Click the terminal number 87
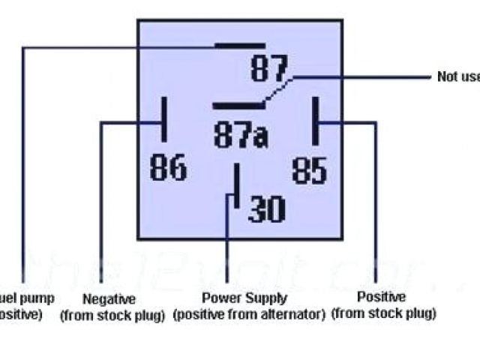click(x=269, y=70)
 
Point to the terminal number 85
click(x=309, y=169)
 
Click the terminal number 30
click(x=267, y=209)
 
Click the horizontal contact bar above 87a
click(x=237, y=106)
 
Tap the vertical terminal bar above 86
click(x=162, y=120)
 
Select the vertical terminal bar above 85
click(x=316, y=120)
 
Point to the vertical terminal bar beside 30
click(x=236, y=187)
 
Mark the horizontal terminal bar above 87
click(x=239, y=46)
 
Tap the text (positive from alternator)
click(x=248, y=313)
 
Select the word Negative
click(x=109, y=298)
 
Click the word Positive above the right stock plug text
click(x=381, y=297)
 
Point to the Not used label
click(x=457, y=76)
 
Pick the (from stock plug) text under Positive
click(x=383, y=313)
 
